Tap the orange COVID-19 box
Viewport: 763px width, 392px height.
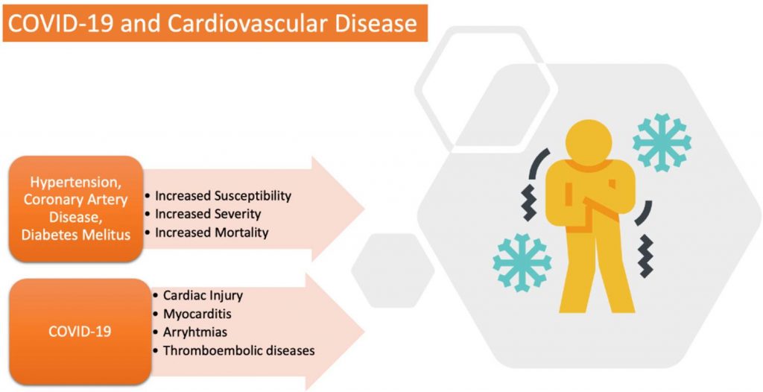coord(80,331)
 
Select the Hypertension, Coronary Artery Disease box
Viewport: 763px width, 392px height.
coord(76,209)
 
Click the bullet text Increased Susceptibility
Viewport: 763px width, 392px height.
coord(223,196)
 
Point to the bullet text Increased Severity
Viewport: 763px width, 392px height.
coord(208,214)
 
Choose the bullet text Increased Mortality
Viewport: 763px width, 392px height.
coord(212,233)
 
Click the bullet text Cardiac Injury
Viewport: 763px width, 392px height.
coord(203,295)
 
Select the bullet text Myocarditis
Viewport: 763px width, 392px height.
coord(197,314)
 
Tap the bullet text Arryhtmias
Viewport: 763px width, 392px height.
coord(195,332)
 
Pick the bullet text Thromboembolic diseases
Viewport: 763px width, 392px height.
coord(239,350)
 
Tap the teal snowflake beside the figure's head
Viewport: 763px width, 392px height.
coord(662,142)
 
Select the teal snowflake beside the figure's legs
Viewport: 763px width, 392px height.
coord(522,263)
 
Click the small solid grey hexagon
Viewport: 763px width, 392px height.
coord(393,271)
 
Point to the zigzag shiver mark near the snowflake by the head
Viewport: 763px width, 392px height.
coord(646,256)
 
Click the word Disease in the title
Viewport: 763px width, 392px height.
coord(379,23)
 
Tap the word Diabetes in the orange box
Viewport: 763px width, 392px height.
coord(48,235)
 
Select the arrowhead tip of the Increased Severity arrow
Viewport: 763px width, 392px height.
coord(364,209)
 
